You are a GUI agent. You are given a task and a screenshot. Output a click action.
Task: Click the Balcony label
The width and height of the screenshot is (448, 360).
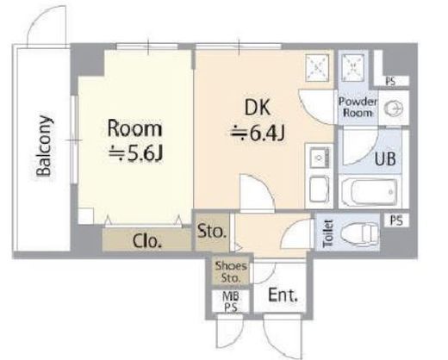click(x=44, y=146)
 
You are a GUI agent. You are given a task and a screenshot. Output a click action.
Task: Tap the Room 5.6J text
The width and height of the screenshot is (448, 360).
click(x=135, y=142)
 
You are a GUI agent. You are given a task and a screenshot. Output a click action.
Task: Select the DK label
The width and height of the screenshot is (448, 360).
click(x=258, y=108)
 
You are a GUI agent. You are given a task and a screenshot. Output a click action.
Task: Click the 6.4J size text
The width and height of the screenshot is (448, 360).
click(x=258, y=133)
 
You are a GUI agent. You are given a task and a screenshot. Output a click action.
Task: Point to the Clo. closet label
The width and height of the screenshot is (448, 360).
click(x=147, y=240)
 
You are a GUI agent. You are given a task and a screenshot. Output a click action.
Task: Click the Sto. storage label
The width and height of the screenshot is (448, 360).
click(x=212, y=231)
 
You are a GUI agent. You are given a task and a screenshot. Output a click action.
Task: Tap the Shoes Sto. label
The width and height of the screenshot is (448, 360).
click(x=231, y=272)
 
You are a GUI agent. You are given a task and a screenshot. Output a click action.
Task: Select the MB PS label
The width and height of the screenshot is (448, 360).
click(x=231, y=301)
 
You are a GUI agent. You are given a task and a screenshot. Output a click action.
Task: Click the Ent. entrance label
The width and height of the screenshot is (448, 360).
click(x=283, y=295)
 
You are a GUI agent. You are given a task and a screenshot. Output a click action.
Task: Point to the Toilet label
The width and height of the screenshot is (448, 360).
click(x=328, y=233)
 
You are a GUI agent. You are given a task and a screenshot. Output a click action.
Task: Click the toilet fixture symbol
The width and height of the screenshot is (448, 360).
click(x=360, y=233)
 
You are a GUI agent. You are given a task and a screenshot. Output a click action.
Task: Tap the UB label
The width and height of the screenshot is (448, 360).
click(x=385, y=158)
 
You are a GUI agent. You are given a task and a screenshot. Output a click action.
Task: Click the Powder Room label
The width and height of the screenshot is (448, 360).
click(x=358, y=107)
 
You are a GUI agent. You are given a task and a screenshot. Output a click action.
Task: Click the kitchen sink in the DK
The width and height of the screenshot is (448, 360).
click(x=319, y=157)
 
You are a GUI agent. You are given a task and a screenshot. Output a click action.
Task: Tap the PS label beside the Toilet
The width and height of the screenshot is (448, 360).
click(x=396, y=220)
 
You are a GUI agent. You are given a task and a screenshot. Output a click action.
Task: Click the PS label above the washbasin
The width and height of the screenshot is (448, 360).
click(x=390, y=81)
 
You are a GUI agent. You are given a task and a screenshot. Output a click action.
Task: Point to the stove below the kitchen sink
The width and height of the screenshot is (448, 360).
click(x=319, y=189)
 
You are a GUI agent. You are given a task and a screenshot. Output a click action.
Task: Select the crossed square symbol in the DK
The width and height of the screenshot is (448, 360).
click(x=317, y=68)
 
